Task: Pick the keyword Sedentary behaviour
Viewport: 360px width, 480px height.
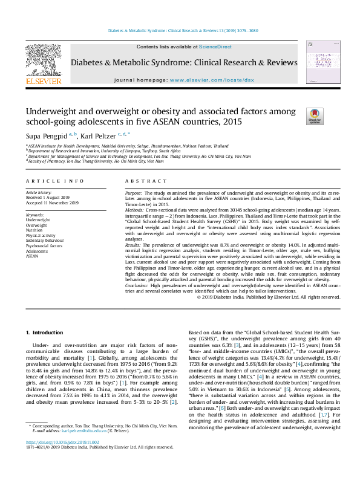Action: pos(45,240)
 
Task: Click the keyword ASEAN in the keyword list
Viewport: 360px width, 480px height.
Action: pos(32,255)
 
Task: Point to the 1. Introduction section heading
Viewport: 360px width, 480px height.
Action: pos(47,332)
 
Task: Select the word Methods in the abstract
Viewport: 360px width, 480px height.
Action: pos(136,208)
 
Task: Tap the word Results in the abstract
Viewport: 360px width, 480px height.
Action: pos(134,244)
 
